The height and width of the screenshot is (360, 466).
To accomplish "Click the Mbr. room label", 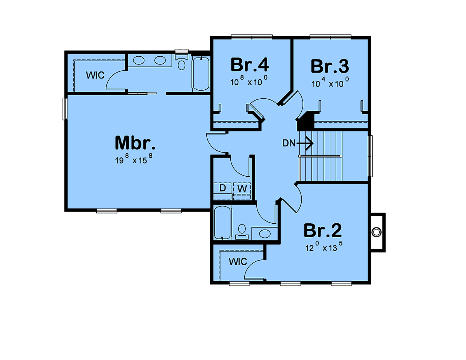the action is click(135, 143).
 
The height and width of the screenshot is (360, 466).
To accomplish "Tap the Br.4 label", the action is click(250, 64).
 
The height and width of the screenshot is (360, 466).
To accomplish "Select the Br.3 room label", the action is click(330, 66).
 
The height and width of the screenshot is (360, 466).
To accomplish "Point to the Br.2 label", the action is click(323, 230).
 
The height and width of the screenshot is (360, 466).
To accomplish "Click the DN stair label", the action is click(289, 143).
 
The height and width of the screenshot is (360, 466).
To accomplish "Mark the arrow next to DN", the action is click(305, 143).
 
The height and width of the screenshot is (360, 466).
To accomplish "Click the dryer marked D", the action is click(223, 191).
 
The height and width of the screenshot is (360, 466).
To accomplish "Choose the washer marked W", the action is click(242, 191).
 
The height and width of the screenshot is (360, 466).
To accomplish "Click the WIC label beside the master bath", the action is click(95, 75).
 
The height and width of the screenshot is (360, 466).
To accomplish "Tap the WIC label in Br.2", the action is click(238, 262).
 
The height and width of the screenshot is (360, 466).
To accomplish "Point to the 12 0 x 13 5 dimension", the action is click(324, 246).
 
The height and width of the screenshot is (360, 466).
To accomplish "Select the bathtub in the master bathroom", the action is click(201, 74).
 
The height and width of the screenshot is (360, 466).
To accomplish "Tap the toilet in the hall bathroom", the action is click(242, 231).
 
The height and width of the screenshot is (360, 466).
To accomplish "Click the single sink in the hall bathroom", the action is click(265, 233).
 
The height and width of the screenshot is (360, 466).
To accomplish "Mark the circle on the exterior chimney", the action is click(376, 232).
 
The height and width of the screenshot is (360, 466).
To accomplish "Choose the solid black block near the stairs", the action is click(305, 121).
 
